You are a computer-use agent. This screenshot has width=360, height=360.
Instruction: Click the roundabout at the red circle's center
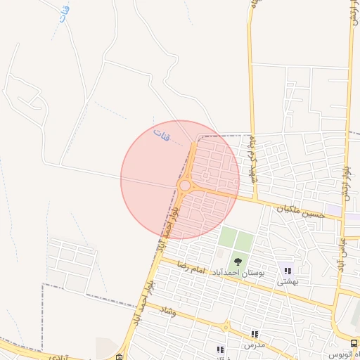[184, 186]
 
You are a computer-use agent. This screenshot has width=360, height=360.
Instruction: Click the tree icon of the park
[238, 262]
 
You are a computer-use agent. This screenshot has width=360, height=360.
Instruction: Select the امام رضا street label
[191, 269]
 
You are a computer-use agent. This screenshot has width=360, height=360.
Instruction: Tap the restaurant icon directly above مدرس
[255, 334]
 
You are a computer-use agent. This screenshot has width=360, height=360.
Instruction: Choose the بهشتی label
[288, 282]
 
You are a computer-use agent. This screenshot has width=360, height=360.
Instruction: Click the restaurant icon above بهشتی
[288, 270]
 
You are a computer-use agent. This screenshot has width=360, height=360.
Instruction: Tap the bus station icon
[353, 344]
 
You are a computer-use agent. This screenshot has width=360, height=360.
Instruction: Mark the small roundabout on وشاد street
[225, 326]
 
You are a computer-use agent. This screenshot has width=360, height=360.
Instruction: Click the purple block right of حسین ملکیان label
[333, 210]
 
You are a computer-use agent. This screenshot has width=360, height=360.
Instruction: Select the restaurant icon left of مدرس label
[220, 349]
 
